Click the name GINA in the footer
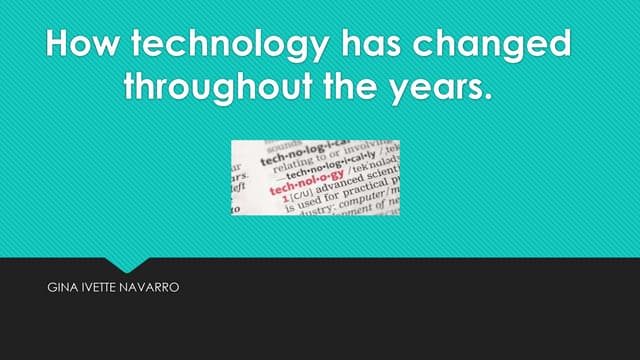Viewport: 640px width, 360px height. (61, 287)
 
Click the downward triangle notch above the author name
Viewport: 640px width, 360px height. (127, 263)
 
